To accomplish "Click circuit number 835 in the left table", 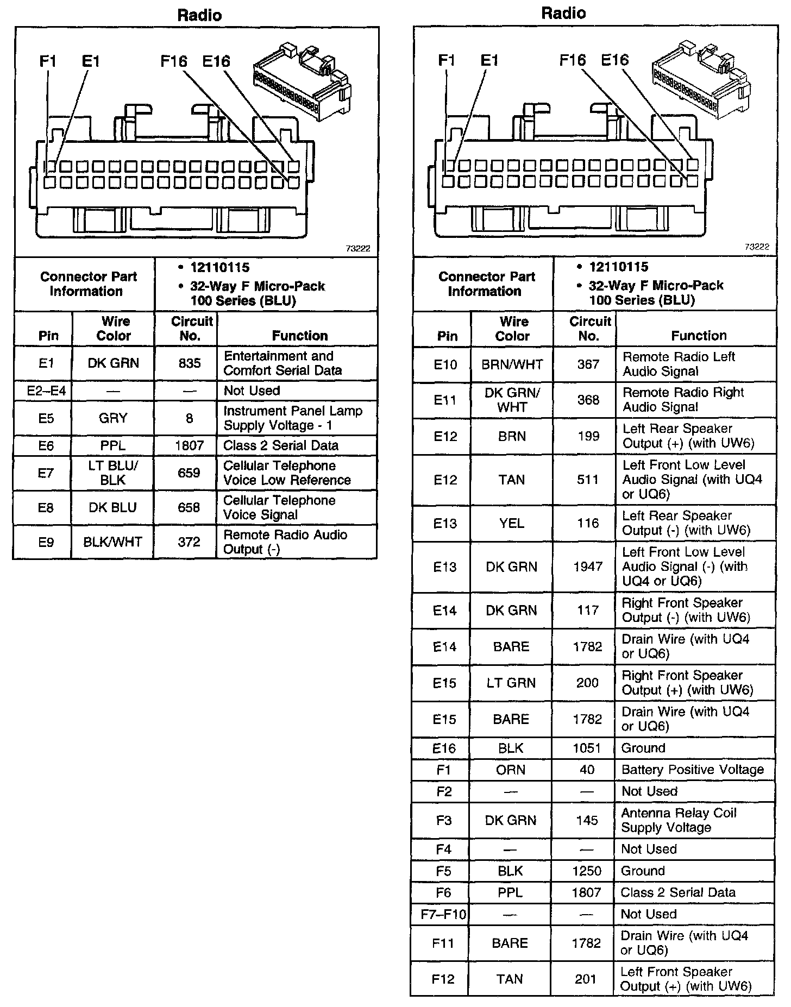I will click(189, 363).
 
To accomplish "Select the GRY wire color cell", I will click(113, 418).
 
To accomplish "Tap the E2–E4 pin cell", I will click(46, 391).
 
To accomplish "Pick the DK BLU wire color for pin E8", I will click(113, 507).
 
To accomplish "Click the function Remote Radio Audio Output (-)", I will click(285, 542).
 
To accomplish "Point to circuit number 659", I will click(189, 473).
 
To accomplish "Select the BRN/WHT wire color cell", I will click(512, 364).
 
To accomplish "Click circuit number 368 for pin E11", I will click(588, 400).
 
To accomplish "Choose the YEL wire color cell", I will click(512, 523).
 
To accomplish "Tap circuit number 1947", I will click(588, 567).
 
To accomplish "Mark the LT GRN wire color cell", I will click(511, 683).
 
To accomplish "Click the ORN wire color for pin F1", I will click(511, 770).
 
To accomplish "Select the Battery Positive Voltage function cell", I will click(693, 770).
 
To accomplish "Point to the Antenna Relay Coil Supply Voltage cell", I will click(679, 820).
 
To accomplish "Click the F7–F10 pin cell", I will click(444, 914).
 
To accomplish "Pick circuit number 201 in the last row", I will click(586, 979).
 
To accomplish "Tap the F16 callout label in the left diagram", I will click(174, 61).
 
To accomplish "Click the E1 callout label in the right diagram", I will click(489, 60).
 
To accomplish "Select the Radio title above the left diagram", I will click(199, 15).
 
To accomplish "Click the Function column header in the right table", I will click(699, 336).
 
